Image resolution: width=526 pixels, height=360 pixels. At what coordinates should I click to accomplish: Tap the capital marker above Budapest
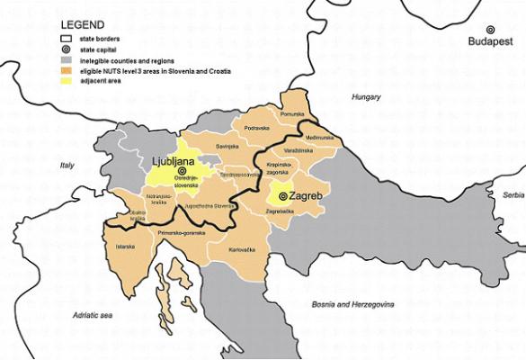491,30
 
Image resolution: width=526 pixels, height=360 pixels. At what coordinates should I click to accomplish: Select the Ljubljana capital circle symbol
183,170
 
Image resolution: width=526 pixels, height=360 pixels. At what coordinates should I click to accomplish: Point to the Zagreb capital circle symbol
282,195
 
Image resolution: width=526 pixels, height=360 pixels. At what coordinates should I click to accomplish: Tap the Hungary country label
366,97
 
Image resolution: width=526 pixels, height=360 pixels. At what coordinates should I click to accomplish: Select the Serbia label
513,194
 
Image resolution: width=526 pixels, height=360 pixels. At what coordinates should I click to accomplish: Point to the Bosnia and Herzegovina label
352,305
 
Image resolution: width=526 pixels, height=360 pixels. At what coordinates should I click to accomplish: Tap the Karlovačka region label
243,248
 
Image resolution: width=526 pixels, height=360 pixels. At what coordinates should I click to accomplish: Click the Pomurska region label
294,114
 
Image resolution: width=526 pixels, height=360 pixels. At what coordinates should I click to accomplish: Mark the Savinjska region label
226,146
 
